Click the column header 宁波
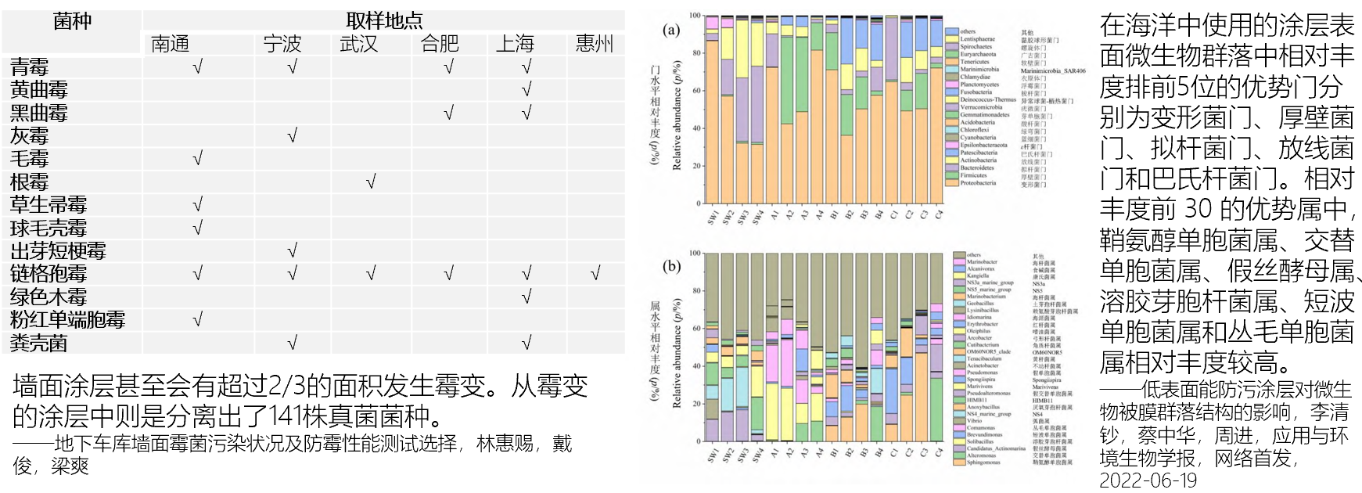click(x=282, y=44)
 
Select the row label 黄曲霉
click(x=39, y=90)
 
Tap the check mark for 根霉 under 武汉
click(x=370, y=182)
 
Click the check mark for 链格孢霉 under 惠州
click(x=595, y=274)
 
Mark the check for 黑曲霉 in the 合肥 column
click(x=448, y=113)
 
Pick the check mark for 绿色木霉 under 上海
click(x=526, y=297)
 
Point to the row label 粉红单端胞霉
click(x=67, y=320)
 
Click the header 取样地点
click(x=384, y=20)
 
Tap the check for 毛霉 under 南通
click(x=197, y=159)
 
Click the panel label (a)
click(x=671, y=31)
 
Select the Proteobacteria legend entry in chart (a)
click(x=978, y=183)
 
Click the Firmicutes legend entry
click(x=973, y=175)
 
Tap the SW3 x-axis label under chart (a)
click(x=742, y=218)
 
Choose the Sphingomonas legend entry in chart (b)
click(x=983, y=462)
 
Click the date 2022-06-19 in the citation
click(x=1148, y=480)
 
